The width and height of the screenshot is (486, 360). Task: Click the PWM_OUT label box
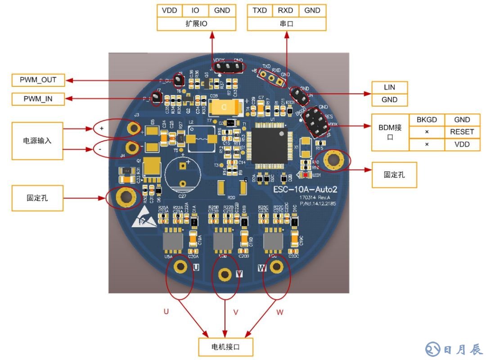click(38, 80)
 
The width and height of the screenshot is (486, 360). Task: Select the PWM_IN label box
click(38, 99)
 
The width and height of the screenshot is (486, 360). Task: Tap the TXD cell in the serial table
click(260, 10)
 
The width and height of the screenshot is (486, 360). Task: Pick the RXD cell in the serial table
click(286, 10)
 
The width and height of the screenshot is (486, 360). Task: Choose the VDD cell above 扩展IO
click(169, 10)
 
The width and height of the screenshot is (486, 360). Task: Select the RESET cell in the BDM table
click(462, 132)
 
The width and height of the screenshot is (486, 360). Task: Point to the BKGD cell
click(427, 120)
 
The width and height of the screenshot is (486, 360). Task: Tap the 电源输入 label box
click(37, 140)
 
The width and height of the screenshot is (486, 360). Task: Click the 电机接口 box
click(225, 347)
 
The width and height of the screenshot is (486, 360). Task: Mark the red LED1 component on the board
click(306, 175)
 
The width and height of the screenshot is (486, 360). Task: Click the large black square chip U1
click(270, 145)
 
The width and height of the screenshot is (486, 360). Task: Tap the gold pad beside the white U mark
click(181, 266)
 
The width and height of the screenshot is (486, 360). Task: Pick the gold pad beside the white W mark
click(277, 266)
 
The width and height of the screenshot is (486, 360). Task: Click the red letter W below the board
click(280, 311)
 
